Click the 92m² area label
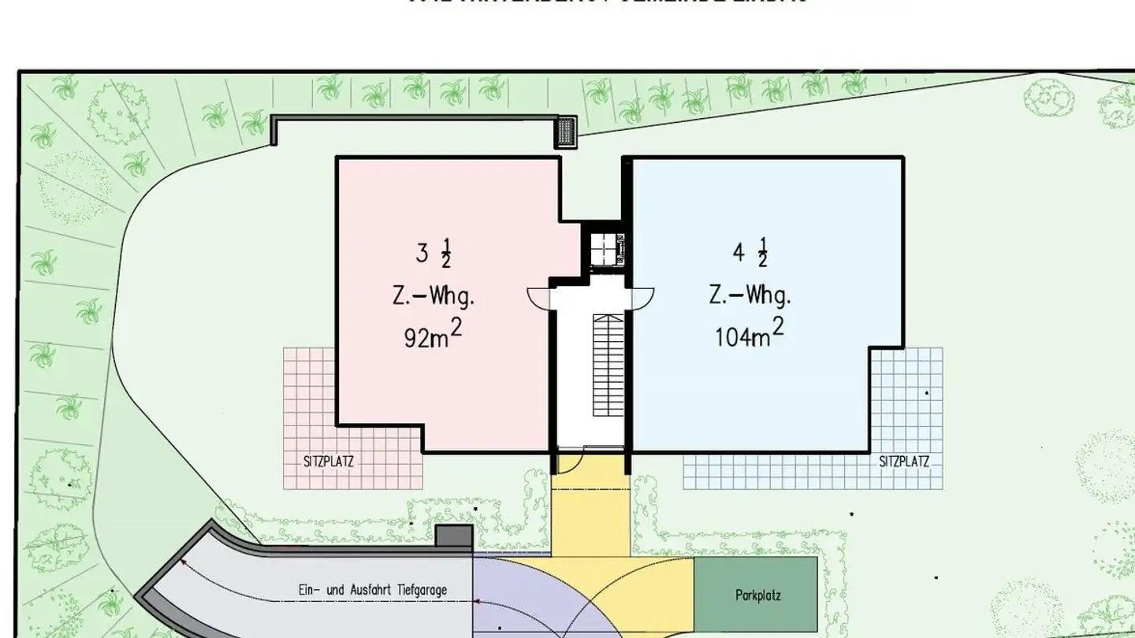(x=433, y=336)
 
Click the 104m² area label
(x=749, y=335)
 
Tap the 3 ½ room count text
(x=434, y=254)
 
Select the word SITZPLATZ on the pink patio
(x=329, y=462)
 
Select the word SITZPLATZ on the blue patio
(x=904, y=462)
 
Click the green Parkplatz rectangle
(x=755, y=595)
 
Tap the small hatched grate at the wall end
(x=567, y=132)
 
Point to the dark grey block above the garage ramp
(x=453, y=536)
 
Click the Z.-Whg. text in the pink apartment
(x=434, y=298)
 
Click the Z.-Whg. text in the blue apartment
(x=750, y=296)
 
